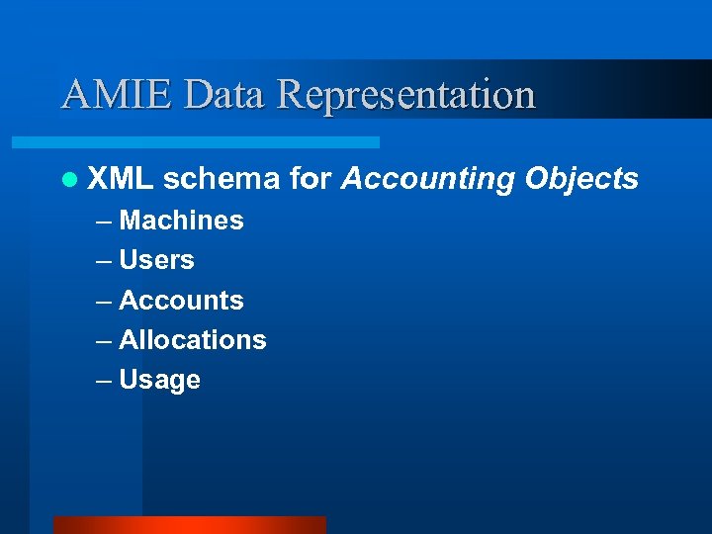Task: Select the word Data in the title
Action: click(225, 95)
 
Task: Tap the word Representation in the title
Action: click(406, 95)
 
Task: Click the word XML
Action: click(120, 179)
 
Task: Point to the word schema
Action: click(222, 179)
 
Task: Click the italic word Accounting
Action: click(428, 180)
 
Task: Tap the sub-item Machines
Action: click(181, 221)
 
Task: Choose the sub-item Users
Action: click(156, 260)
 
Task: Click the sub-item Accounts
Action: click(181, 300)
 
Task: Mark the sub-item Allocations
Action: click(193, 340)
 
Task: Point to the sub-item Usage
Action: click(159, 381)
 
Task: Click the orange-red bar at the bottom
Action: click(189, 524)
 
